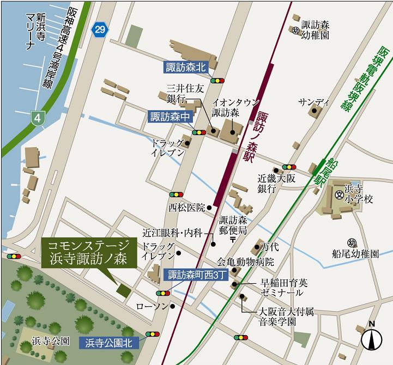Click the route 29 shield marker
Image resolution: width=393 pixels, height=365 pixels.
pos(98,29)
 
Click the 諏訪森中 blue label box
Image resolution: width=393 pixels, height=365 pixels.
pos(170,117)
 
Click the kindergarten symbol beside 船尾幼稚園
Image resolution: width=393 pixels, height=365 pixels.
pos(351,242)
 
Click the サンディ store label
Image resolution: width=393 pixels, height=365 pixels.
pos(314,102)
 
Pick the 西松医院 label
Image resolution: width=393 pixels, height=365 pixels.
pos(186,207)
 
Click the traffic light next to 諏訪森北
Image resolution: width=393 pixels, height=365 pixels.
pos(218,81)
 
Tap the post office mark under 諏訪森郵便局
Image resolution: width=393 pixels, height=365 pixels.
pos(232,239)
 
